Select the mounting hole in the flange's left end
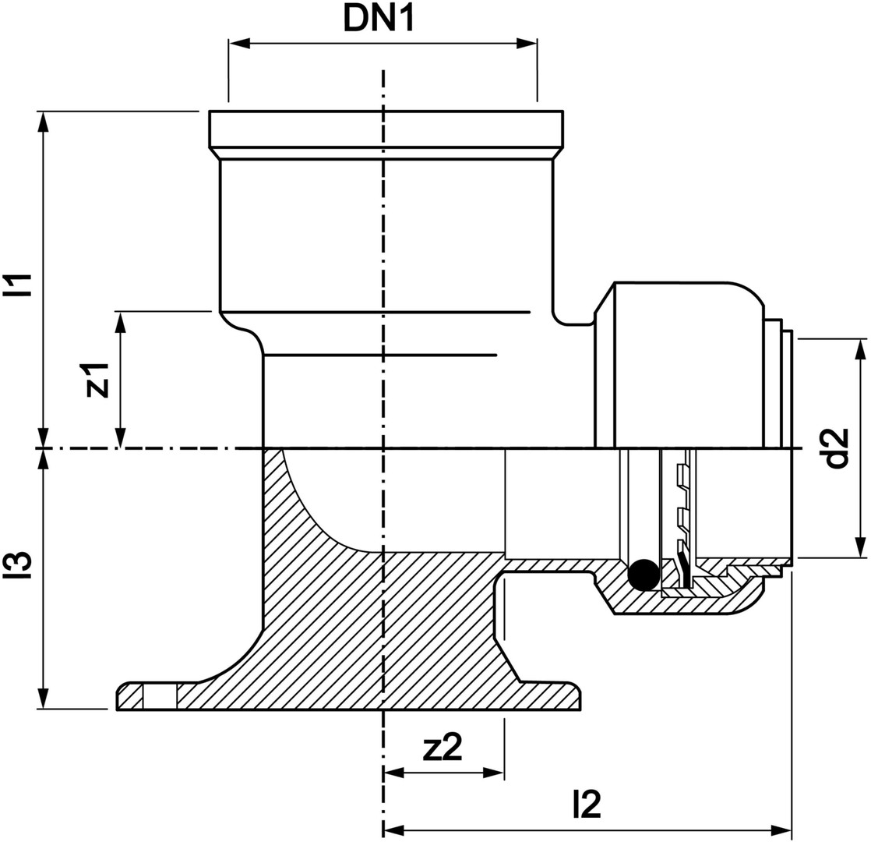click(x=160, y=696)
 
